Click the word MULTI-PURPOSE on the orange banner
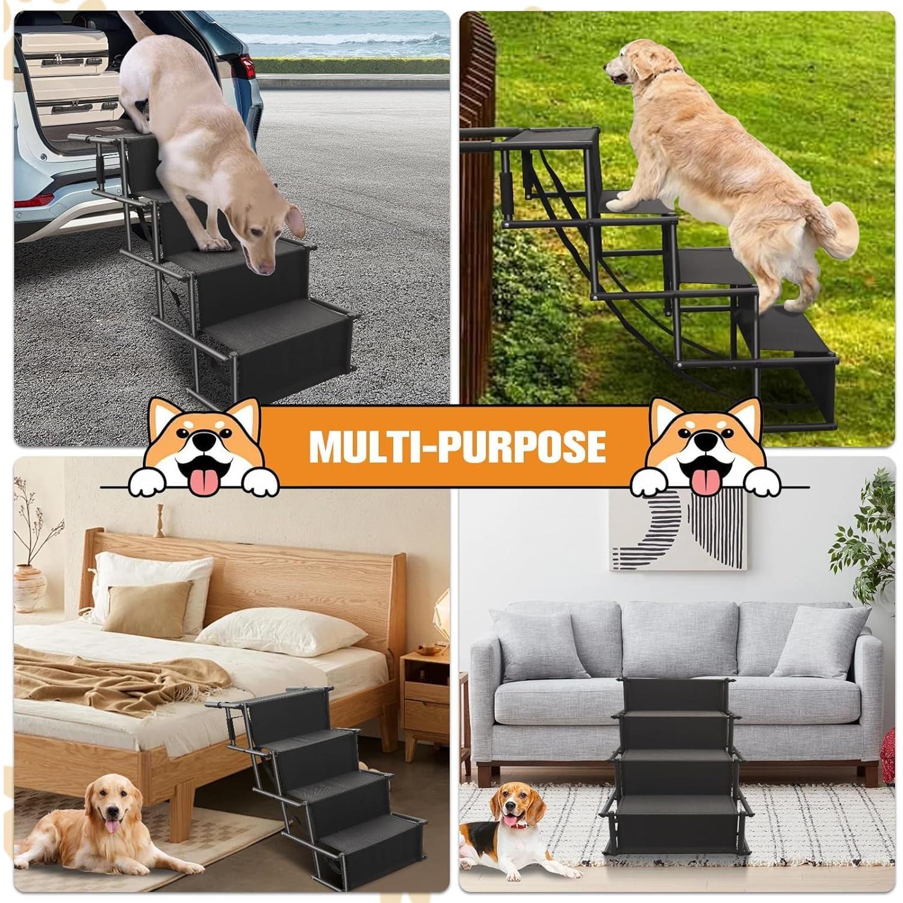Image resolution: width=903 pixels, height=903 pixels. coord(457,446)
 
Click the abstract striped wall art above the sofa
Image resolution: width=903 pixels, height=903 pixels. coord(679,529)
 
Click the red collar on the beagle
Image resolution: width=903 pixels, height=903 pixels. coord(517,823)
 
